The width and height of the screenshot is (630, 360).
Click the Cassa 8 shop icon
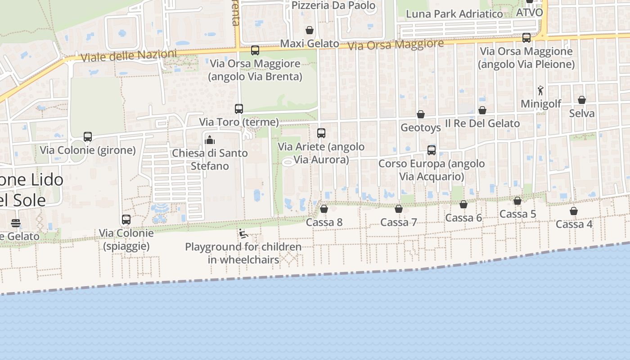pos(324,209)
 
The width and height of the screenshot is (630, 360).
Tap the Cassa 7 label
pos(399,222)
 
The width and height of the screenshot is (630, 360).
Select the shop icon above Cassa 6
pos(463,204)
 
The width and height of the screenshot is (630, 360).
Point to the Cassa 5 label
pos(518,214)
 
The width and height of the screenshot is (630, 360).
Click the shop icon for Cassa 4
pos(574,211)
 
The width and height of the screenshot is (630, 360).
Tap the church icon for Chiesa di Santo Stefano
pos(210,140)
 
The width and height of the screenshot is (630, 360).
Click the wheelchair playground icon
pos(243,234)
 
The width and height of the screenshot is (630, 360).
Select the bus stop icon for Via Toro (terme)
pos(239,109)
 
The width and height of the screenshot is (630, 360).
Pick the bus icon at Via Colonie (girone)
pos(88,137)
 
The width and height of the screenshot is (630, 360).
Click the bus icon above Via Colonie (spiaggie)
pos(126,220)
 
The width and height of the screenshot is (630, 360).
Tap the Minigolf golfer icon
pos(540,90)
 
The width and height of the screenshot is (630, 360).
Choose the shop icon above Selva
pos(582,100)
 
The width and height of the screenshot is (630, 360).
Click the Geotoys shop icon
pos(421,114)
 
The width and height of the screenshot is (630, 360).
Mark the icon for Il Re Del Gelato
pos(482,110)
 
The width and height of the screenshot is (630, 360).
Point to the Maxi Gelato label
pos(309,44)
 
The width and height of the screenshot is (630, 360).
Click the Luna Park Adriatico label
pos(454,14)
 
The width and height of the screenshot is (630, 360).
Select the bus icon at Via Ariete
pos(321,133)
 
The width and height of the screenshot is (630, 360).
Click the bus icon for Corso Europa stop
pos(432,150)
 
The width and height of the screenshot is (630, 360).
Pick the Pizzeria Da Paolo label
pos(333,5)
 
